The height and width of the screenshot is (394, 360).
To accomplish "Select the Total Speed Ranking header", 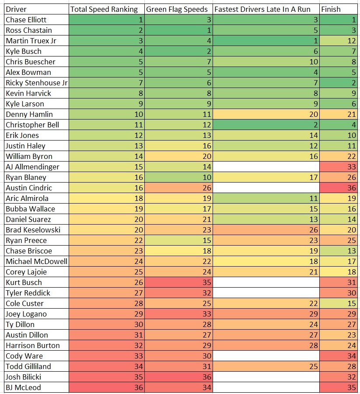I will (104, 9).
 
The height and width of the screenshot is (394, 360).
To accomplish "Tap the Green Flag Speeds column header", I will (174, 9).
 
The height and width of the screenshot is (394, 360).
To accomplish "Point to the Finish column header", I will (331, 9).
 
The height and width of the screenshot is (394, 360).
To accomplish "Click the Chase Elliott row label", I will (26, 20).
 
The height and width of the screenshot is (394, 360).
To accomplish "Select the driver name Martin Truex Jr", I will (31, 41).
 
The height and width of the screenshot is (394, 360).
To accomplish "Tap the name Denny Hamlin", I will (29, 114).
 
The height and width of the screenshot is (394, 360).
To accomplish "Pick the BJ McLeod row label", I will (23, 387).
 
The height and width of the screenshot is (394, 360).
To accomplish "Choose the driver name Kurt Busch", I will (24, 282).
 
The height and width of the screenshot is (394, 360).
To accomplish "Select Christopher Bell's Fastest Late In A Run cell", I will (266, 125).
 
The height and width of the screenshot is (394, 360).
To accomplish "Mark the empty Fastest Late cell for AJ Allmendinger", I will (266, 167).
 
